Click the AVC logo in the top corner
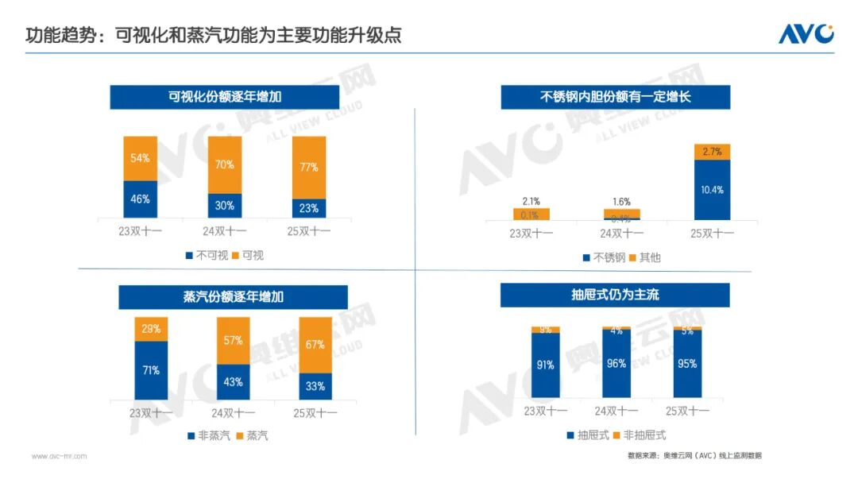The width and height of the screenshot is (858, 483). tap(806, 33)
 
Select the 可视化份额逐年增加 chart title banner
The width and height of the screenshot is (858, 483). tap(225, 97)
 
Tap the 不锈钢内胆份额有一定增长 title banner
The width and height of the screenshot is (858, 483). tap(615, 97)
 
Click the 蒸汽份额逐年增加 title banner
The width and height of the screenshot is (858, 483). tap(233, 297)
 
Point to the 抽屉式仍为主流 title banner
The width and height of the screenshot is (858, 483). tap(615, 295)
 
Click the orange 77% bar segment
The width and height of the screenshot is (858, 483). tap(309, 167)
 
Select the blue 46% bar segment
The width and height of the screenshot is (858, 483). tap(140, 199)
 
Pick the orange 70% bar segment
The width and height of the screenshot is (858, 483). tap(225, 165)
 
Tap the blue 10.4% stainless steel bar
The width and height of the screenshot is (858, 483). tap(712, 190)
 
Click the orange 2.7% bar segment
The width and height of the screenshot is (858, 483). tap(712, 152)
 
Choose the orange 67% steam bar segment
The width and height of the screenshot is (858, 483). tap(315, 345)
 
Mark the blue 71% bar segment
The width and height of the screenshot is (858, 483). tap(151, 370)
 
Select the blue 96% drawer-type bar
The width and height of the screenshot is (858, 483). tap(616, 364)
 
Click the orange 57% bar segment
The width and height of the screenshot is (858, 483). tap(233, 340)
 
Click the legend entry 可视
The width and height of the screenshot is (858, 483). tap(253, 255)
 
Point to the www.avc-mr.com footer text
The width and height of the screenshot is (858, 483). tap(59, 456)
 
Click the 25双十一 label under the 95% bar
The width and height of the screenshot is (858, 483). tap(687, 411)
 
